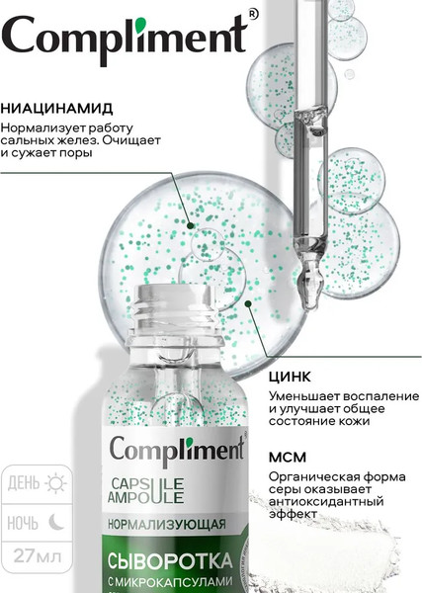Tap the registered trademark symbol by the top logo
252,14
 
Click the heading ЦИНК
290,377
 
